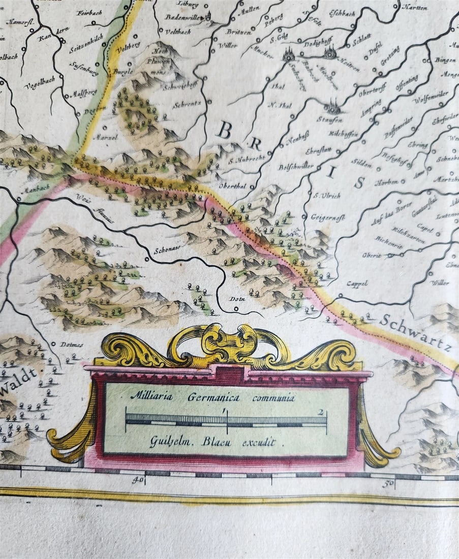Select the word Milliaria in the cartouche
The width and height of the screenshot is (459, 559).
pyautogui.click(x=151, y=396)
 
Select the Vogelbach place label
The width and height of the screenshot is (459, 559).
pyautogui.click(x=40, y=86)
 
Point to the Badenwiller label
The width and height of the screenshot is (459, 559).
pyautogui.click(x=184, y=17)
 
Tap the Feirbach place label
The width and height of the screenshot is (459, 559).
pyautogui.click(x=89, y=13)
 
